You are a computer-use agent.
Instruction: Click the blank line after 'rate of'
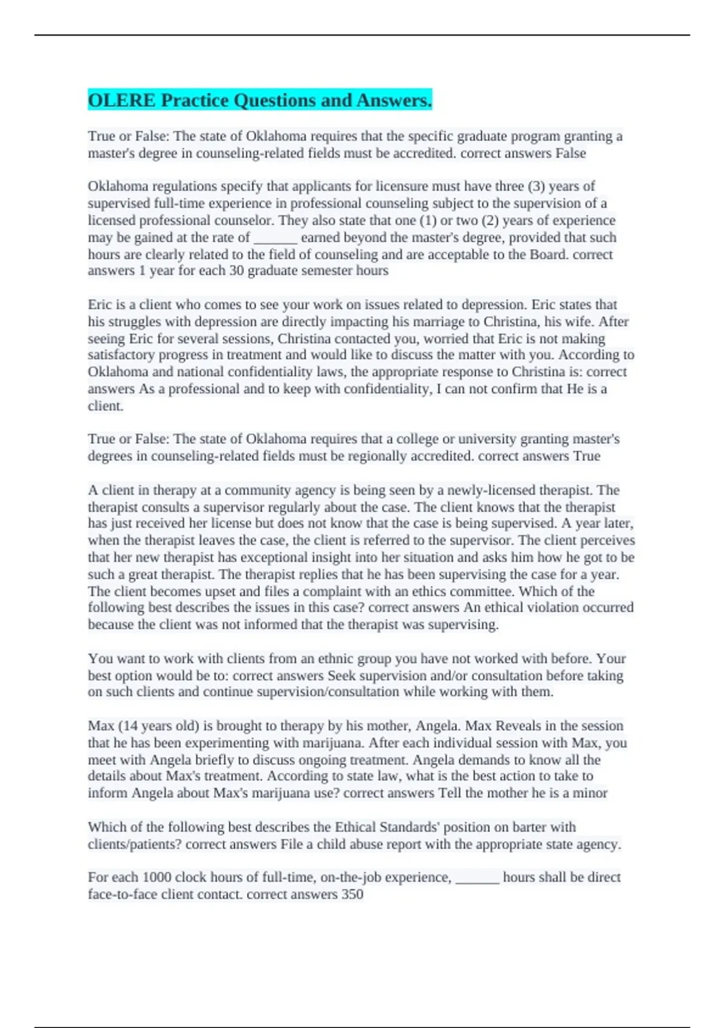(x=275, y=238)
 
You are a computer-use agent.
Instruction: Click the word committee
(x=483, y=591)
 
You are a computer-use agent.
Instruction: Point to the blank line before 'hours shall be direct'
(x=477, y=877)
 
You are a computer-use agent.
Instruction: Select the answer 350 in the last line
(x=352, y=894)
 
